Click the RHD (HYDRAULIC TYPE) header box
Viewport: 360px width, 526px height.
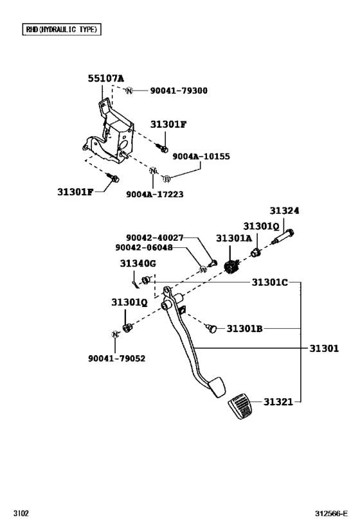click(61, 30)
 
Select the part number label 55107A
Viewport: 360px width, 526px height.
click(106, 78)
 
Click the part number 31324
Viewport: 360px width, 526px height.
click(284, 211)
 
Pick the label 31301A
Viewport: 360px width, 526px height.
click(233, 238)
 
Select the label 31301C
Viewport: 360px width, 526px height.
click(269, 282)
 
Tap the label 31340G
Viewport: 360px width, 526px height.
click(138, 263)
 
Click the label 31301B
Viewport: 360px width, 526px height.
click(244, 329)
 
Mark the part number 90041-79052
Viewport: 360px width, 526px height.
click(116, 358)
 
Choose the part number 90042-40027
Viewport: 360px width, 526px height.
click(154, 238)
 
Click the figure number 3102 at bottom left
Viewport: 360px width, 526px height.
click(21, 514)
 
